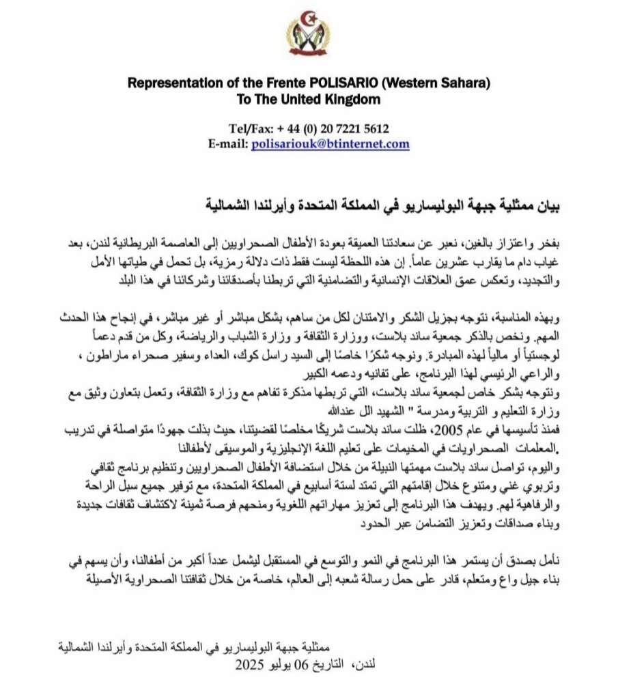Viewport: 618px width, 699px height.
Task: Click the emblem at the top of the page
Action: [308, 33]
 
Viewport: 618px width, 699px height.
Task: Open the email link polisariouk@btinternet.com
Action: [331, 144]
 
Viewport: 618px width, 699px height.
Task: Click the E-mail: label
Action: [229, 144]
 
